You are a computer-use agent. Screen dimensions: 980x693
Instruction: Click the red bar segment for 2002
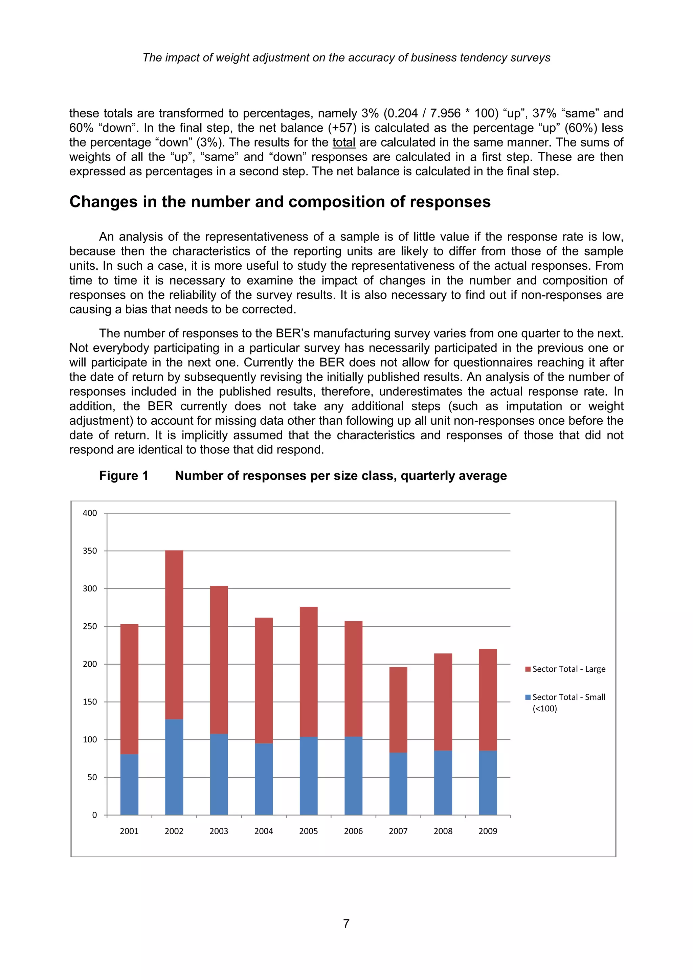pos(174,635)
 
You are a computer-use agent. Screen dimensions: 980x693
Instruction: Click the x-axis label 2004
pos(264,831)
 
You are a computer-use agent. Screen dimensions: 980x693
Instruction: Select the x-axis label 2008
pos(443,831)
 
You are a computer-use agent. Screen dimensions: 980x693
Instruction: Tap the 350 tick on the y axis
pos(90,551)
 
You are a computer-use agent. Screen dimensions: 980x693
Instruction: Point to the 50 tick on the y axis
pos(92,777)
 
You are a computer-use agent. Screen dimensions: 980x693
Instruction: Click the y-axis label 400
pos(90,513)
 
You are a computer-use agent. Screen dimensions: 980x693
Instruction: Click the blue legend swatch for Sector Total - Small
pos(528,697)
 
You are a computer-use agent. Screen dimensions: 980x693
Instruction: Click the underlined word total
pos(343,142)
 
